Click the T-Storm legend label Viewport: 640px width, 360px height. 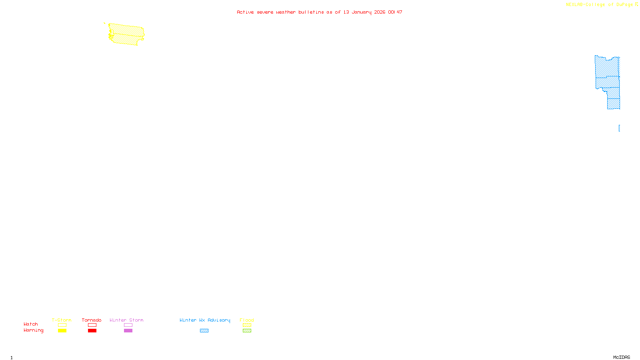(62, 320)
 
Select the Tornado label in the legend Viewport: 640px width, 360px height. (92, 320)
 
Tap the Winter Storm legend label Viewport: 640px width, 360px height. (126, 320)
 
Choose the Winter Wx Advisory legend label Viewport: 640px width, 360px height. (205, 320)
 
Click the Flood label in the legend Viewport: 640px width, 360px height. (247, 320)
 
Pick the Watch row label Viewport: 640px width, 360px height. (31, 324)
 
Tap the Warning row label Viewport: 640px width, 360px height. (34, 330)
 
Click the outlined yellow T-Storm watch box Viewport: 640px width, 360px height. (62, 325)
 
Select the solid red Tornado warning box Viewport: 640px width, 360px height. (92, 331)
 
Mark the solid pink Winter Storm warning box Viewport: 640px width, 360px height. (128, 331)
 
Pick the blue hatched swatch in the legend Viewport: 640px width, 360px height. (204, 331)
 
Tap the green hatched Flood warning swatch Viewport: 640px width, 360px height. (247, 331)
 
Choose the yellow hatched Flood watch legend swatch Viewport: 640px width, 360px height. (247, 325)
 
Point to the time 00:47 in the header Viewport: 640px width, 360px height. (395, 12)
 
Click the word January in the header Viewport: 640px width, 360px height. (362, 12)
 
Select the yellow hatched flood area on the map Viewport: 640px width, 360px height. (126, 34)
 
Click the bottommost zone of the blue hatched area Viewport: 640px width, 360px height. (614, 104)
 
